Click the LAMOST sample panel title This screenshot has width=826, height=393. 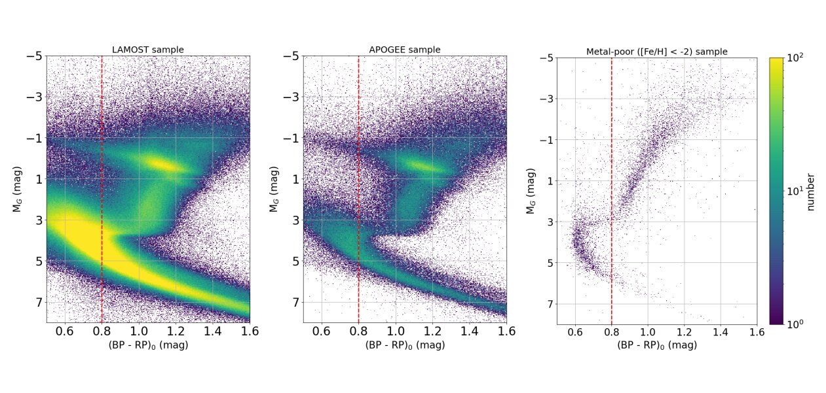tap(147, 50)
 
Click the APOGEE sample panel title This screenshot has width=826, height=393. tap(405, 50)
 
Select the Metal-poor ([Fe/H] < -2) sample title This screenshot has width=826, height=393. tap(656, 52)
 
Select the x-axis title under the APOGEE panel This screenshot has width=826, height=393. tap(405, 345)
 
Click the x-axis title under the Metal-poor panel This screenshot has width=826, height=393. tap(656, 345)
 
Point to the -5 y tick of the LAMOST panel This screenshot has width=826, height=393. tap(34, 56)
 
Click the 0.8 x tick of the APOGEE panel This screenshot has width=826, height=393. tap(359, 332)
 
